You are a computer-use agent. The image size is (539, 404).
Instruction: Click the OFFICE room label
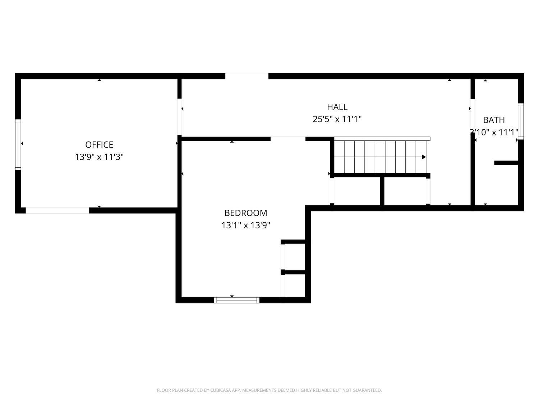[99, 145]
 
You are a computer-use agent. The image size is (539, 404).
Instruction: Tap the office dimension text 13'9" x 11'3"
[99, 157]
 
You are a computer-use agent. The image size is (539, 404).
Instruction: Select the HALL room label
[337, 107]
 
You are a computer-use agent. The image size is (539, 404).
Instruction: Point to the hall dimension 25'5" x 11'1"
[337, 119]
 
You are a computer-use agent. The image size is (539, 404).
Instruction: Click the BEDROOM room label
[246, 213]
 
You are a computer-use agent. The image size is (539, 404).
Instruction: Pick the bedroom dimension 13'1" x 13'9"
[246, 226]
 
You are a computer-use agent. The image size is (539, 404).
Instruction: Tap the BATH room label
[494, 120]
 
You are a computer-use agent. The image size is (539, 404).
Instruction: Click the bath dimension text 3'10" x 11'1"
[494, 133]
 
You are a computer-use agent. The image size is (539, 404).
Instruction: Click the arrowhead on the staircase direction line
[424, 157]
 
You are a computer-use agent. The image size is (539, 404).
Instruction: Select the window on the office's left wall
[18, 144]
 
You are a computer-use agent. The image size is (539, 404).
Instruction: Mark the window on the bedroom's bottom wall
[237, 300]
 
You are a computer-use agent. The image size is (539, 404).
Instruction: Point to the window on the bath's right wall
[521, 121]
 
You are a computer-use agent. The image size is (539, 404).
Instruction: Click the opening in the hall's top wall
[247, 76]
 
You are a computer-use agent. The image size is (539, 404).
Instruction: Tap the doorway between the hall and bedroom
[288, 139]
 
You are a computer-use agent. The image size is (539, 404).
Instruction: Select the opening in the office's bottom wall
[57, 210]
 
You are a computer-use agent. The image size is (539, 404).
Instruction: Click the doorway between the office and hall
[179, 117]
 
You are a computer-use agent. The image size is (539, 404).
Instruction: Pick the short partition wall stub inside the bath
[506, 163]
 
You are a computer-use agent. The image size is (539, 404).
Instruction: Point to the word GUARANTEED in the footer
[370, 390]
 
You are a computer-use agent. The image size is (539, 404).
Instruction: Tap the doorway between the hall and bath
[473, 117]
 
